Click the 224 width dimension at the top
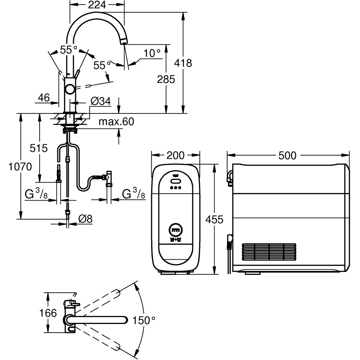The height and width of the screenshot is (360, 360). click(x=97, y=5)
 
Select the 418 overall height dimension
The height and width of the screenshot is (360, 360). click(x=183, y=63)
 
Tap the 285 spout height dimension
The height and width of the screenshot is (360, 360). click(x=166, y=79)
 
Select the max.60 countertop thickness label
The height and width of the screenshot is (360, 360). click(x=116, y=122)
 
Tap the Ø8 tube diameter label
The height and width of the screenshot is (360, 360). click(x=85, y=219)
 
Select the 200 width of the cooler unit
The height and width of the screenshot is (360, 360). click(x=176, y=156)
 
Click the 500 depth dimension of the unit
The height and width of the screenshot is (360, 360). click(x=288, y=156)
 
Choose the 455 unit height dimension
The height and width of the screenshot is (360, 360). click(x=215, y=219)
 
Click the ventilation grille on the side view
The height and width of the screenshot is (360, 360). click(x=269, y=252)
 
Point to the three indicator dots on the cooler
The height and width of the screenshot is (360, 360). click(x=176, y=188)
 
